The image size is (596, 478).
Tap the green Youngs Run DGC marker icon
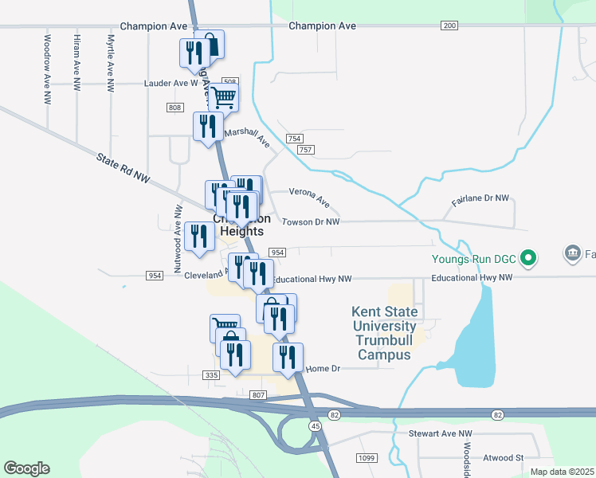tap(527, 258)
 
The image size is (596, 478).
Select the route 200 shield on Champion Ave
tap(449, 26)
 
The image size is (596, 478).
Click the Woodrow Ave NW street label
tap(48, 69)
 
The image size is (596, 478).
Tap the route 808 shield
tap(175, 108)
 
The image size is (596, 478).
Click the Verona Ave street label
tap(309, 195)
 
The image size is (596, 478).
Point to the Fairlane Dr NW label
tap(484, 198)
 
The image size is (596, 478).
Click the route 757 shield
tap(305, 150)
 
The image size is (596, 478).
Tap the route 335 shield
tap(211, 375)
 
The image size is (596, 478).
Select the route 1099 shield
tap(367, 457)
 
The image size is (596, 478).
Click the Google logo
tap(26, 468)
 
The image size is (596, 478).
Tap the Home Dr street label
tap(323, 369)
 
